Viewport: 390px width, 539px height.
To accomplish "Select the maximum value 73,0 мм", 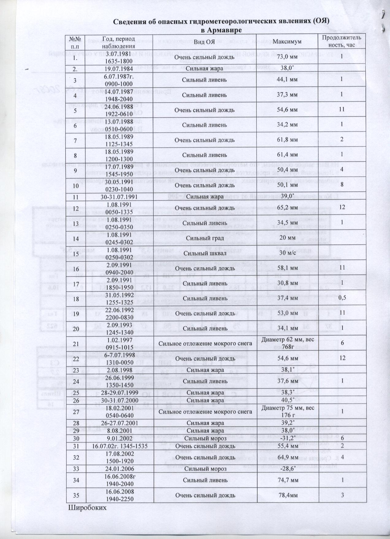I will pyautogui.click(x=287, y=57).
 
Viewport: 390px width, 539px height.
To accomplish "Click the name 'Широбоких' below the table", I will pyautogui.click(x=87, y=507).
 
